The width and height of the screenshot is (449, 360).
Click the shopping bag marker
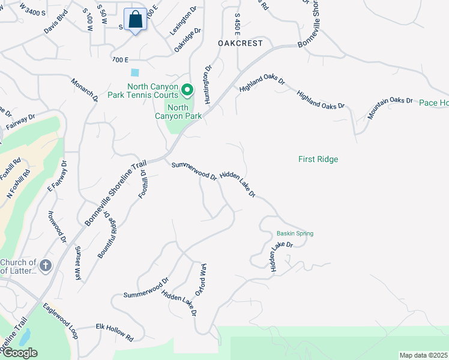coord(136,20)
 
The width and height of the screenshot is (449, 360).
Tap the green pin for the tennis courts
coord(187,90)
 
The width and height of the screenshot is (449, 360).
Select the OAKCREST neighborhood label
coord(240,43)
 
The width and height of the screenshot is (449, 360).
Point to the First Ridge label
coord(318,159)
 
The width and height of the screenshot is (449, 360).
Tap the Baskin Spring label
coord(295,233)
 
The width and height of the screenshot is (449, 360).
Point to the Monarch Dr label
coord(85,89)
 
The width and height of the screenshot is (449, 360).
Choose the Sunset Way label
coord(78,262)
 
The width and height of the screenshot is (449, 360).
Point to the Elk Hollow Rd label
coord(114,331)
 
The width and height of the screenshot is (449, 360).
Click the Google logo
coord(20,353)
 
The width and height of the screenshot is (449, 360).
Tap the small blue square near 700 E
coord(134,72)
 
